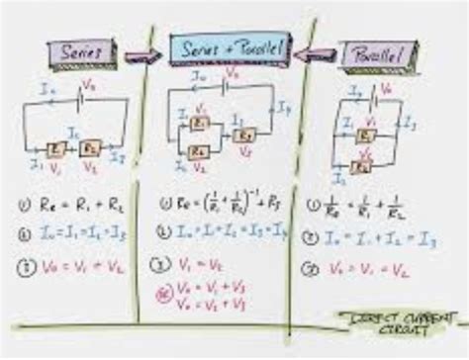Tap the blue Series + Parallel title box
[x=231, y=46]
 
